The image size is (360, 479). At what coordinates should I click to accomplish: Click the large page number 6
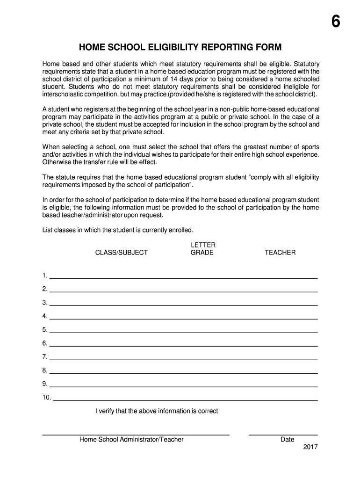336,23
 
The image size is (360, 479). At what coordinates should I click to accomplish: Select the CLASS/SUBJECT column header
122,253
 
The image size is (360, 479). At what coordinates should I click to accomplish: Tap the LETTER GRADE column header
202,249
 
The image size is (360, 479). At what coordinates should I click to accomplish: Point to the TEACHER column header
280,253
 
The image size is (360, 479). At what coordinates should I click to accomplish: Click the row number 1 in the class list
44,275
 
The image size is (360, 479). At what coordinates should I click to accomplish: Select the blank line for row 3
183,305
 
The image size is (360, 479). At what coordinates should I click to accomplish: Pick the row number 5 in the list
44,330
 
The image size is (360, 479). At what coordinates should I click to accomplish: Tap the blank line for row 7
183,360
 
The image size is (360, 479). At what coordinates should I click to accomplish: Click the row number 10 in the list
46,398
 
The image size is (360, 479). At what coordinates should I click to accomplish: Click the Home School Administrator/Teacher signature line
136,435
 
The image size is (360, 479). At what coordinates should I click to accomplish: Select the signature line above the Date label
283,435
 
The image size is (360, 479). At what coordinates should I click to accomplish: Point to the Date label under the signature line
287,440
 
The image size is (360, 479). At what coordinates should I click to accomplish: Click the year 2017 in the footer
310,447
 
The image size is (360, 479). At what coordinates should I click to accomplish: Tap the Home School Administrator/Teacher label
131,440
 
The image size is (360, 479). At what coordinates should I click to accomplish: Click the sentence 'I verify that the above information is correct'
157,411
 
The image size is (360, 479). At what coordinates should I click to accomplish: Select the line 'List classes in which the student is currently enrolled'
118,230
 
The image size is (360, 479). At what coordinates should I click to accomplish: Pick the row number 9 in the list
44,384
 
